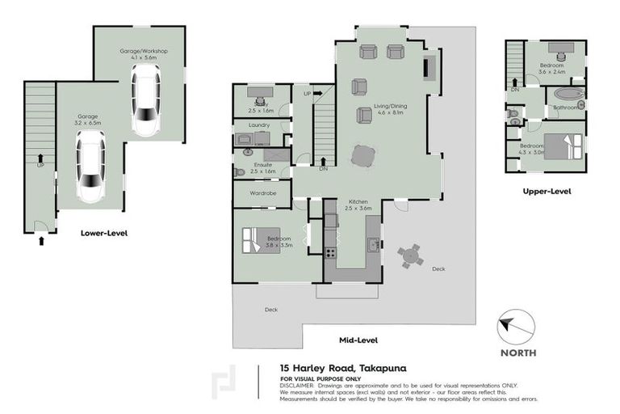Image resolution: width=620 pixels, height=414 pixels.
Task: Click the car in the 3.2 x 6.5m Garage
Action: click(89, 167)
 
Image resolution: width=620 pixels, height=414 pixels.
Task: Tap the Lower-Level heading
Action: click(103, 233)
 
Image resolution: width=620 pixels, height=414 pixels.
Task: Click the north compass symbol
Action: click(516, 327)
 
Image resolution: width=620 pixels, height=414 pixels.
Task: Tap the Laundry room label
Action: click(259, 125)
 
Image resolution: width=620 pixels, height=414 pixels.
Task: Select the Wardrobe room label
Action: click(263, 194)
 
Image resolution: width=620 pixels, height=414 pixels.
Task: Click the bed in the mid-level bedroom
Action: click(258, 240)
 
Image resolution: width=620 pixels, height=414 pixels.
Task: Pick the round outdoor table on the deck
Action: click(410, 256)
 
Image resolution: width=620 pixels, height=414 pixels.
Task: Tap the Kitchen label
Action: click(359, 201)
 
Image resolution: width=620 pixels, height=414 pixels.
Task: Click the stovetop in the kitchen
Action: click(330, 252)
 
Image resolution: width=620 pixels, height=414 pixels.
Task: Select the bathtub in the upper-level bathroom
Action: click(568, 93)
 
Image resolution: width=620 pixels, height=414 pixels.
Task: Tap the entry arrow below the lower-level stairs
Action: click(40, 239)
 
